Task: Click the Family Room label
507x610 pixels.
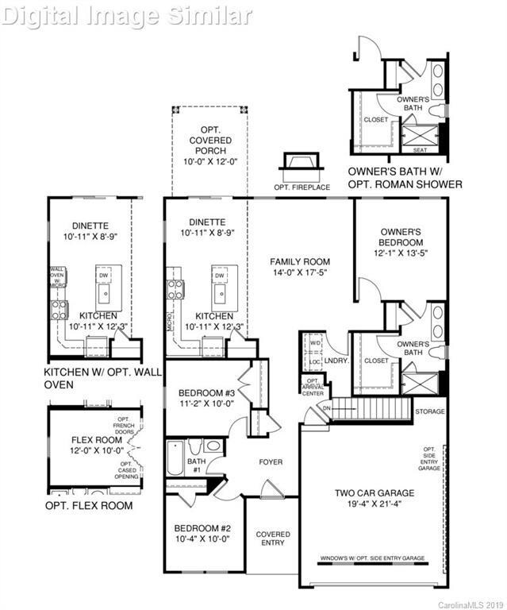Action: (299, 261)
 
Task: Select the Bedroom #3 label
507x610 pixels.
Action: (205, 394)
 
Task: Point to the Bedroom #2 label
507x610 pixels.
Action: (202, 528)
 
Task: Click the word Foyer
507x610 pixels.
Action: (271, 461)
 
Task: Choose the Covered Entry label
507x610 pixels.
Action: (272, 539)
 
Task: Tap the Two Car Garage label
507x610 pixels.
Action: (374, 493)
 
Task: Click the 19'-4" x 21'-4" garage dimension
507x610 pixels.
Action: (374, 504)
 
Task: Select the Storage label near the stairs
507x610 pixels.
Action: (431, 411)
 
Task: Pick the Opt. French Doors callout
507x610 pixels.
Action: (125, 427)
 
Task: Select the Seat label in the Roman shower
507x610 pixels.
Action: (421, 149)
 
